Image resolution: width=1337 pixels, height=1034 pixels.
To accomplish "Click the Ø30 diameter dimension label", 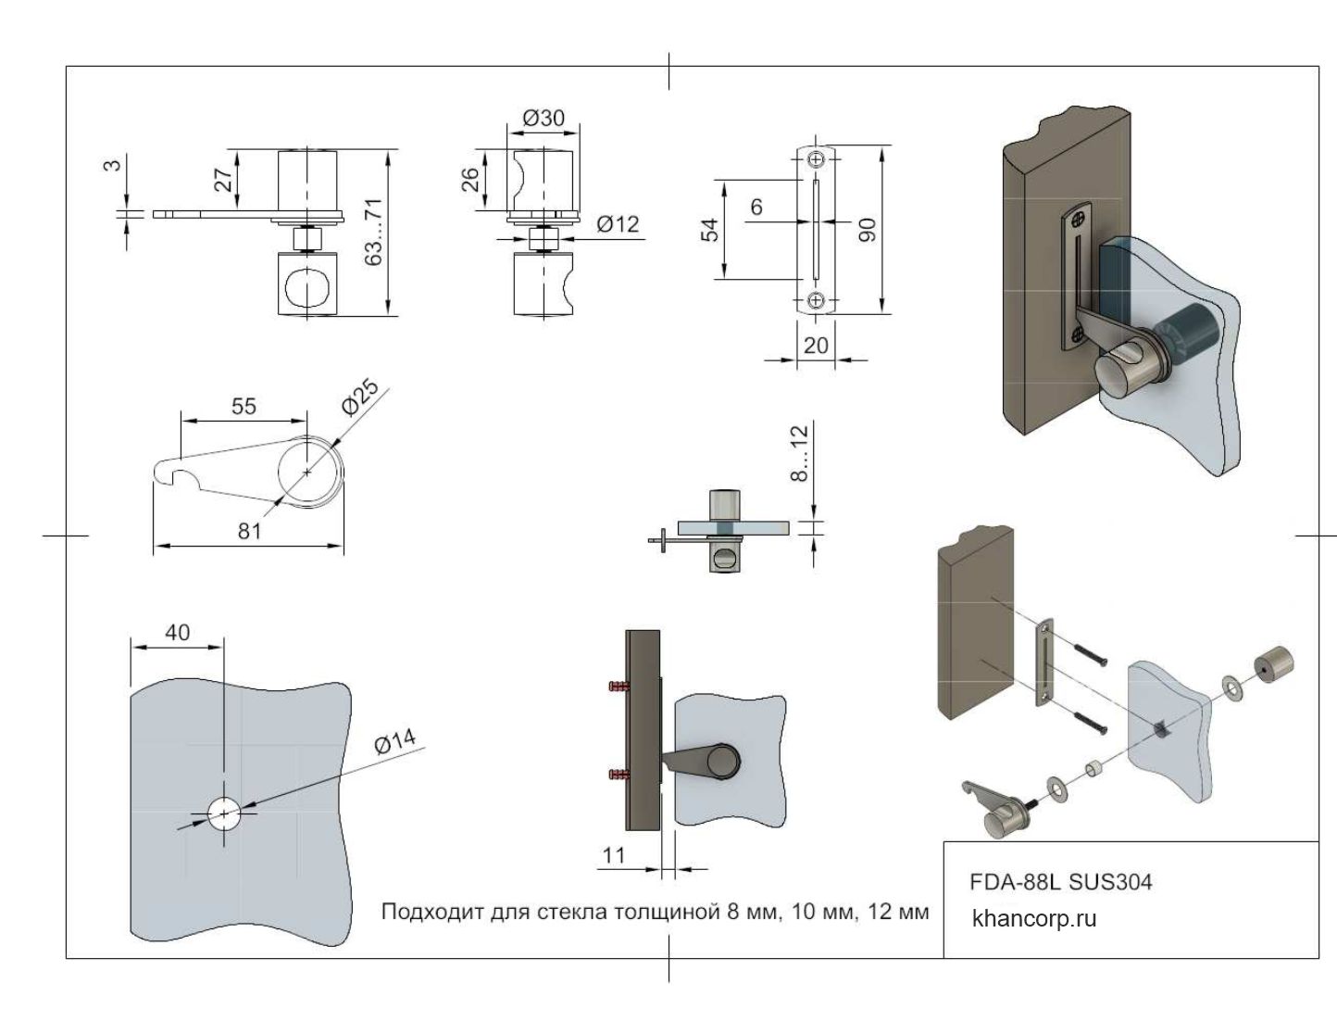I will [544, 118].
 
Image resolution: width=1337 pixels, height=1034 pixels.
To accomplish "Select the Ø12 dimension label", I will [618, 223].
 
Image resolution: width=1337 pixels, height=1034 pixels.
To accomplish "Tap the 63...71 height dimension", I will [373, 232].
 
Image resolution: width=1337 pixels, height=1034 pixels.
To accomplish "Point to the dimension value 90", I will [868, 230].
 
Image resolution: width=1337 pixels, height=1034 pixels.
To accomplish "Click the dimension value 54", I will [710, 229].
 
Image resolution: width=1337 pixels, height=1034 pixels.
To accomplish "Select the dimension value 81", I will [249, 530].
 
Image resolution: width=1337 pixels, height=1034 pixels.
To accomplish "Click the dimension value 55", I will [244, 406].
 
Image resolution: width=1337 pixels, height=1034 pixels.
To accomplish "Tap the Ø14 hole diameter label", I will [395, 742].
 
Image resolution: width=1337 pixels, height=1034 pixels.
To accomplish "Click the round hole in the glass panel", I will [224, 814].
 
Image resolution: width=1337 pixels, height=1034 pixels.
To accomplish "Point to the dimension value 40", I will [177, 632].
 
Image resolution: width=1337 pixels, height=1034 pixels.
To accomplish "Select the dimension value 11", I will [614, 854].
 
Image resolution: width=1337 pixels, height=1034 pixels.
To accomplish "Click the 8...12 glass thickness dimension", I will [799, 451].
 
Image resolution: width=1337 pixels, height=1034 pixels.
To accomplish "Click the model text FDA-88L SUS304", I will [1060, 881].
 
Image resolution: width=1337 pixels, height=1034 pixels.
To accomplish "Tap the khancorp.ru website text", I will [1034, 918].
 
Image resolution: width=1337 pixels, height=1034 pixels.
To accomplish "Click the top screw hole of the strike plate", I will [816, 160].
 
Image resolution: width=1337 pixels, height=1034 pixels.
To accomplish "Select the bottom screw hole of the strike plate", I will [816, 299].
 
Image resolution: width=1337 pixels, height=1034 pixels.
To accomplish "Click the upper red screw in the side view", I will [617, 687].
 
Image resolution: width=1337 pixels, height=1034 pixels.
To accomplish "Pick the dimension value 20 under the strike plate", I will [816, 345].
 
